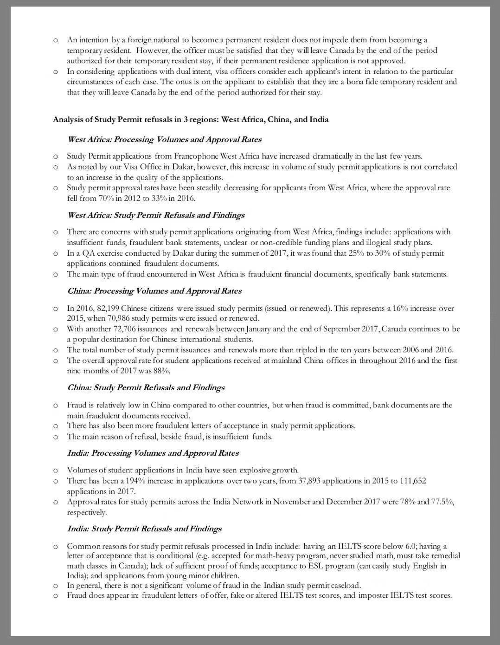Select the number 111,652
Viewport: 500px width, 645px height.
click(x=412, y=481)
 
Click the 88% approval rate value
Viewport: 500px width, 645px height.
click(x=160, y=371)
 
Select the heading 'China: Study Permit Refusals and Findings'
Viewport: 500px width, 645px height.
click(x=146, y=387)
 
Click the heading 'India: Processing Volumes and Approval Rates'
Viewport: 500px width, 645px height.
click(x=153, y=453)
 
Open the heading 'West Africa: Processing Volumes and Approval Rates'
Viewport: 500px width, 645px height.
click(x=164, y=139)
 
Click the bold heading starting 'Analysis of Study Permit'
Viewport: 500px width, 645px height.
click(x=191, y=119)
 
